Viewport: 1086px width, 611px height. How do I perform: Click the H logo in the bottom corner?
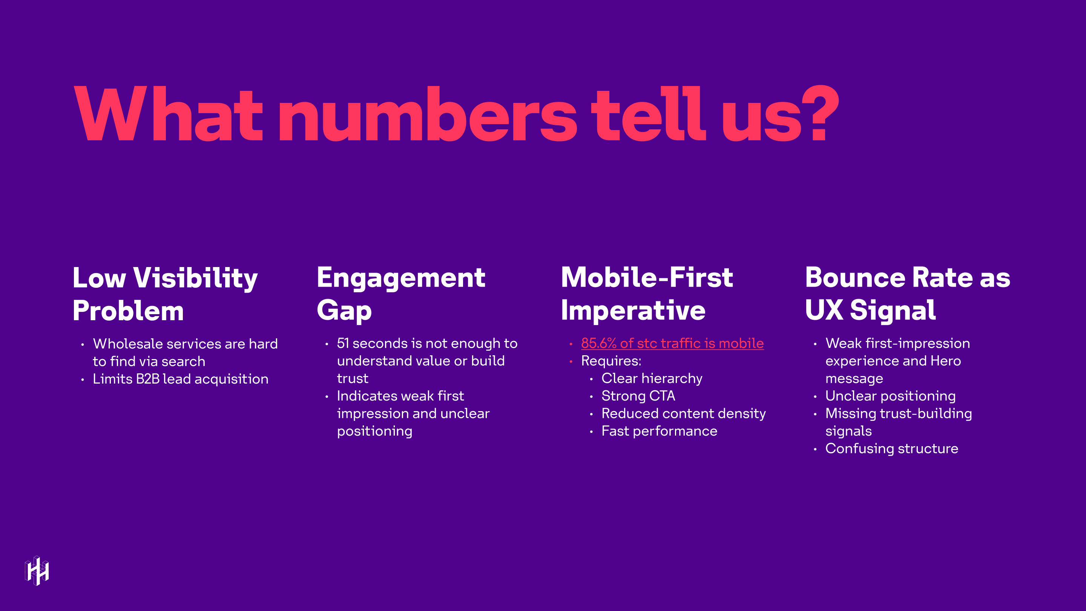tap(37, 571)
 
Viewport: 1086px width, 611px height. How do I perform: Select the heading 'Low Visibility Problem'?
tap(165, 294)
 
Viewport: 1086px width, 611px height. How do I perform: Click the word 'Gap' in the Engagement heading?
tap(344, 311)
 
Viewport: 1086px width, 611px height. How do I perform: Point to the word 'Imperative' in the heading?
tap(633, 311)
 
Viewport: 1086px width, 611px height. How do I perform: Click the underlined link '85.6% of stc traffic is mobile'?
tap(672, 343)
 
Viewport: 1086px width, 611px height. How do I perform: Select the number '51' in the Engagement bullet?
tap(343, 343)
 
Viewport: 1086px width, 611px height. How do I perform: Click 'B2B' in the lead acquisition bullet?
tap(147, 379)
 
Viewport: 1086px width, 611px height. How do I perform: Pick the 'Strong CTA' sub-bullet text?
tap(638, 396)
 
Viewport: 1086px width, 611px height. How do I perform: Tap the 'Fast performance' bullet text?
tap(659, 431)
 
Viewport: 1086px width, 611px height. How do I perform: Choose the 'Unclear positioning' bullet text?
tap(890, 396)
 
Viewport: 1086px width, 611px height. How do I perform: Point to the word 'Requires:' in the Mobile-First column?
tap(611, 361)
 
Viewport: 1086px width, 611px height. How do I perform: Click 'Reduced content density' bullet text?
tap(683, 413)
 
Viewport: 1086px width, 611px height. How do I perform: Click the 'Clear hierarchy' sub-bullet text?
tap(652, 378)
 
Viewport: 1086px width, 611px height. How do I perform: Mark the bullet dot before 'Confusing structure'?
tap(815, 449)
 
